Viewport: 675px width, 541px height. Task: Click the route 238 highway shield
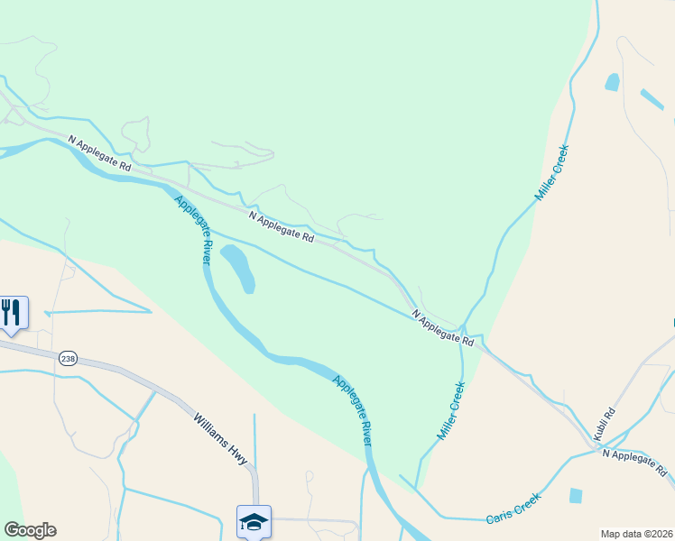pos(68,359)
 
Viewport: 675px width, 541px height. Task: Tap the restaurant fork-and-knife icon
pos(11,312)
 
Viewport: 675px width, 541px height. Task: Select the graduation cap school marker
pos(254,521)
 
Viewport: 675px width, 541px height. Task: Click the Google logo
pos(30,530)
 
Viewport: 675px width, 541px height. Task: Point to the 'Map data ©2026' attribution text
pos(636,534)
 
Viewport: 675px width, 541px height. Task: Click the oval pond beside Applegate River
pos(237,268)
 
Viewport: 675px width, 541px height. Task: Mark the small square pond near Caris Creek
pos(576,495)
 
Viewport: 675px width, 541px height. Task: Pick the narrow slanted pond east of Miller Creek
pos(652,99)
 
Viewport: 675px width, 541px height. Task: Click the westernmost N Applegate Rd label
pos(100,153)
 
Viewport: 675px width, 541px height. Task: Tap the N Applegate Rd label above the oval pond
pos(281,228)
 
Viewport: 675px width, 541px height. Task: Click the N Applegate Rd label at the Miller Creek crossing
pos(443,328)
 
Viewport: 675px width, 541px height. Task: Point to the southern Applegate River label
pos(352,409)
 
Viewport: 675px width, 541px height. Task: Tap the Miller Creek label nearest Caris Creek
pos(450,411)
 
